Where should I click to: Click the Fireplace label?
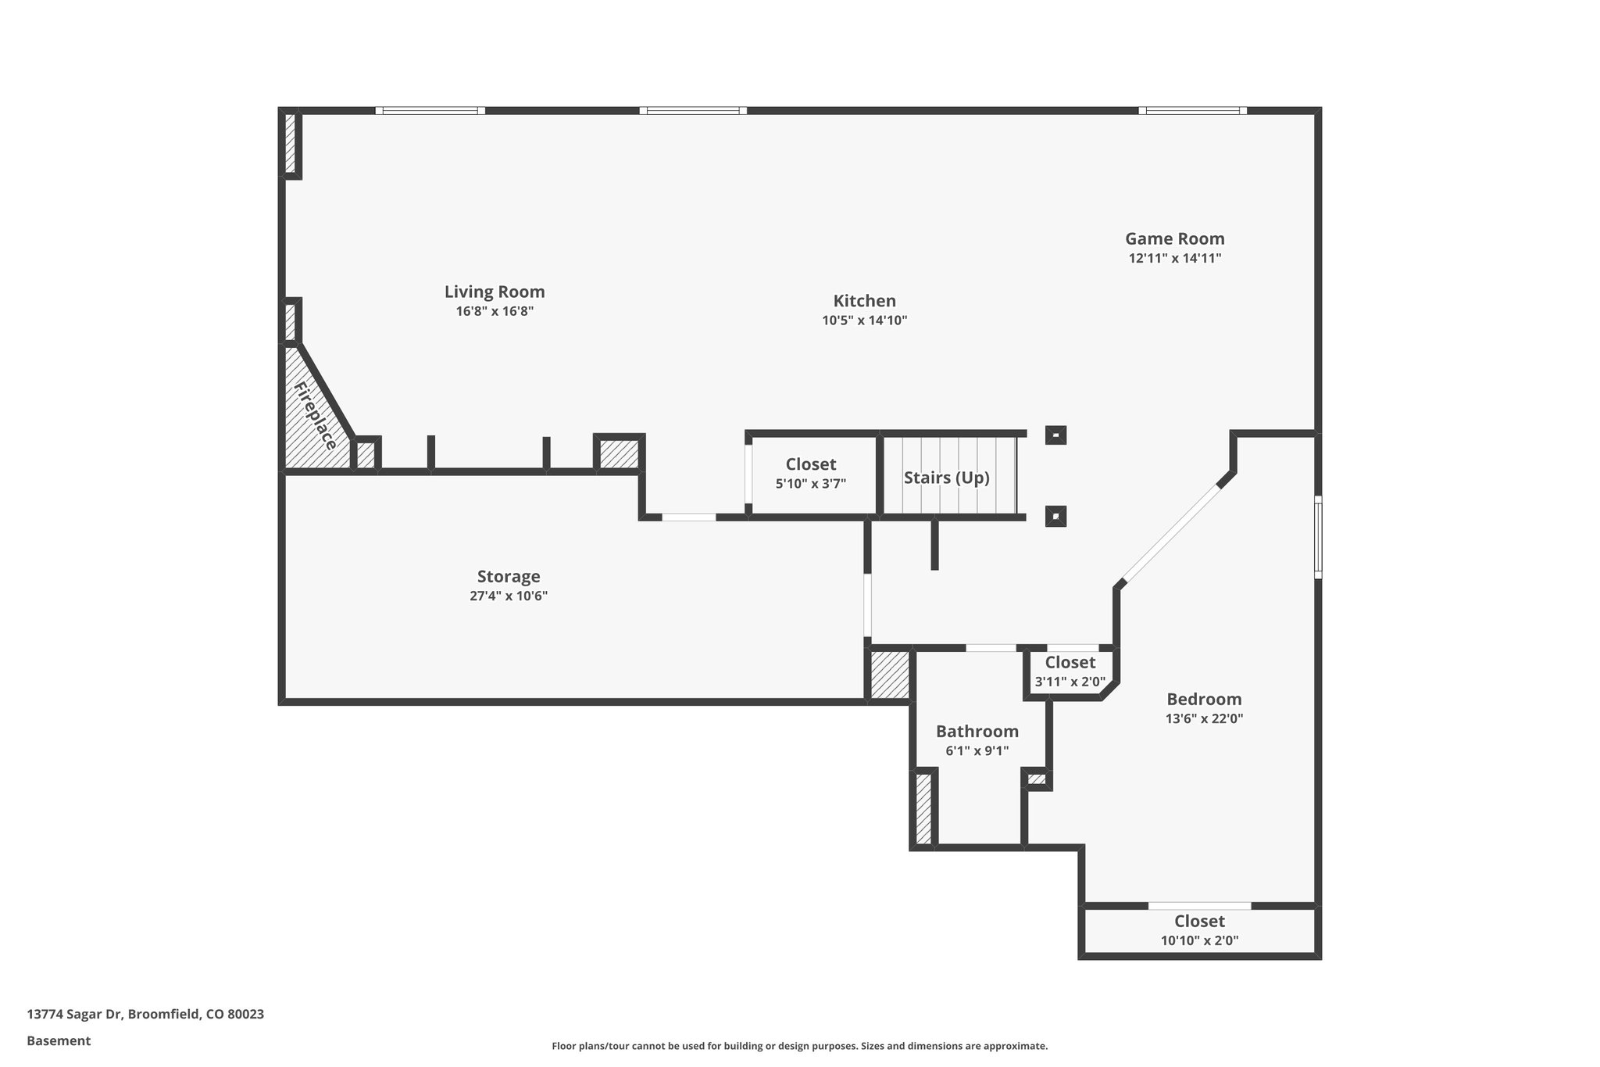316,416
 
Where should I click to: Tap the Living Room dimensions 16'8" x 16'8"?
495,311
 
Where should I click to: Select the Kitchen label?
864,301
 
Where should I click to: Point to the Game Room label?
1174,238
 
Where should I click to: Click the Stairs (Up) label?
946,478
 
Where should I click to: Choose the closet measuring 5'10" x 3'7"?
810,474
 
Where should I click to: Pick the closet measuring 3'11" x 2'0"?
1070,671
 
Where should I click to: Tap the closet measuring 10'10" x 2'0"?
1199,930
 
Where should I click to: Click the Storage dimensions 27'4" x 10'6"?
508,596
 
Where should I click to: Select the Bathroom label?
977,732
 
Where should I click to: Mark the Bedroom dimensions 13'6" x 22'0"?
1204,718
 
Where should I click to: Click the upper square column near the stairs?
1055,435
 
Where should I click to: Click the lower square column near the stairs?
1055,516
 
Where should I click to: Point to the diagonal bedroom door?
1170,534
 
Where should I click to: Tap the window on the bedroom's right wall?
1317,536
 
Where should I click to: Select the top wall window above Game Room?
1192,111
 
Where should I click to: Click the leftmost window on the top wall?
430,111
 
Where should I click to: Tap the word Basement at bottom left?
59,1040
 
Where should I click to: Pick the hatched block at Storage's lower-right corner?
890,675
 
